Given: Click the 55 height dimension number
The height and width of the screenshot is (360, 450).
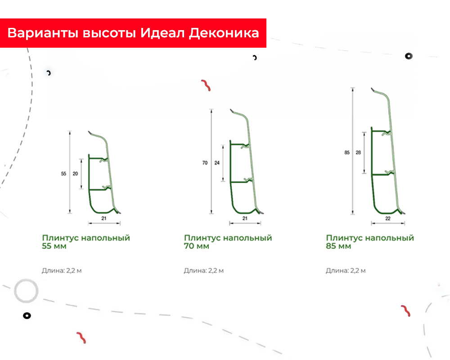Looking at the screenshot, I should click(x=63, y=173).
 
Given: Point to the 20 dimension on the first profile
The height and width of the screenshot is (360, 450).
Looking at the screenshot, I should click(x=75, y=173).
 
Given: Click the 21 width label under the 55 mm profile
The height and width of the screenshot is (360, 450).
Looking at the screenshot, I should click(x=104, y=218).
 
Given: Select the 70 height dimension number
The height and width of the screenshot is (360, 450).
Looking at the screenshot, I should click(x=205, y=163).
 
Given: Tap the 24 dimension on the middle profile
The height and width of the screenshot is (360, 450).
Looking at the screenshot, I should click(x=216, y=163).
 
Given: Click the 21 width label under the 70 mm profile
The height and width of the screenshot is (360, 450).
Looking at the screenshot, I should click(x=245, y=218).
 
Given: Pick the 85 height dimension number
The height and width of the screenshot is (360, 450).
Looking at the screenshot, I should click(x=347, y=153).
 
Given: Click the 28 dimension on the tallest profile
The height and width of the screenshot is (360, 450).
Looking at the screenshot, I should click(x=358, y=153).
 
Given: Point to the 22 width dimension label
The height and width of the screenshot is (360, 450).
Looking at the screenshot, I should click(x=387, y=218).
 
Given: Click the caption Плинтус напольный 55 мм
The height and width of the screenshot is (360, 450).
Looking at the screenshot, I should click(x=85, y=242).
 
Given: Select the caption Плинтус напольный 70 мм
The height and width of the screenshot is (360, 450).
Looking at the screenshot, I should click(x=228, y=242).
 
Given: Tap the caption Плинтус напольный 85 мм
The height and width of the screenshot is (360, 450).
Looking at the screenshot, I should click(x=370, y=242).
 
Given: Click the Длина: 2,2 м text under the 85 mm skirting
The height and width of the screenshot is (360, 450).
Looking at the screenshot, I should click(x=345, y=270).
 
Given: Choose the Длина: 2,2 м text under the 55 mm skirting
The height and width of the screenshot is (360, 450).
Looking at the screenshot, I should click(x=61, y=270).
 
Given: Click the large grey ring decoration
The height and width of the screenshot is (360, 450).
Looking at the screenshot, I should click(x=26, y=291).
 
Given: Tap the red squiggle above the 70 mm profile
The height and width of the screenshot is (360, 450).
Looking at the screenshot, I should click(x=206, y=85).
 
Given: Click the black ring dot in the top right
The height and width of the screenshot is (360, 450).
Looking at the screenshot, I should click(x=408, y=56).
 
